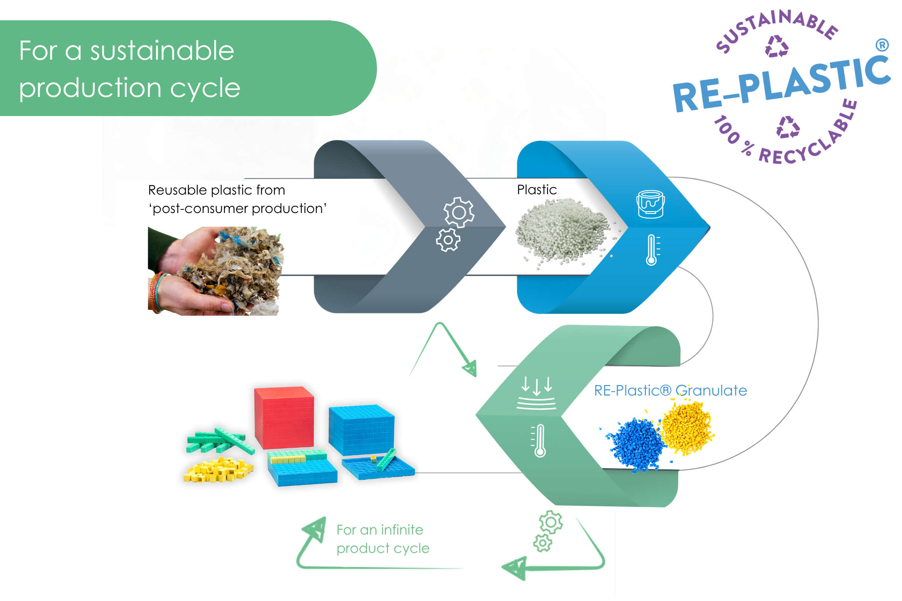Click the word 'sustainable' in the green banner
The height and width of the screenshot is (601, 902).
coord(162,51)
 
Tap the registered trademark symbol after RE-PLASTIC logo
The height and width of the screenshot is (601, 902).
coord(882,45)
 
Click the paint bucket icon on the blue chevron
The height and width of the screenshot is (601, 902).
coord(651,204)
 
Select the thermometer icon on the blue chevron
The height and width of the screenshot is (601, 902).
coord(652,250)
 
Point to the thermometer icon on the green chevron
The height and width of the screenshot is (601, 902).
coord(540,440)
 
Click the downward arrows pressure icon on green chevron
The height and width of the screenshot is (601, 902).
coord(537,393)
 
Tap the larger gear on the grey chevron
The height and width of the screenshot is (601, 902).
coord(459,212)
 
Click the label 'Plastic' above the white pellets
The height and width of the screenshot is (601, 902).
coord(537,190)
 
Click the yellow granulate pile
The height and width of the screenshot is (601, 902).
coord(687,427)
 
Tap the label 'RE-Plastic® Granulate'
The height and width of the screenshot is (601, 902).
coord(670,391)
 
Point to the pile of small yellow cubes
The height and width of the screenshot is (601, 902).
coord(218,470)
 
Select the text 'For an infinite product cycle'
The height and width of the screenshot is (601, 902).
coord(382,539)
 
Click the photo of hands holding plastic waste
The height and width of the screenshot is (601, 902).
coord(215,271)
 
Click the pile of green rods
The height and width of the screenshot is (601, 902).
coord(219,441)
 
